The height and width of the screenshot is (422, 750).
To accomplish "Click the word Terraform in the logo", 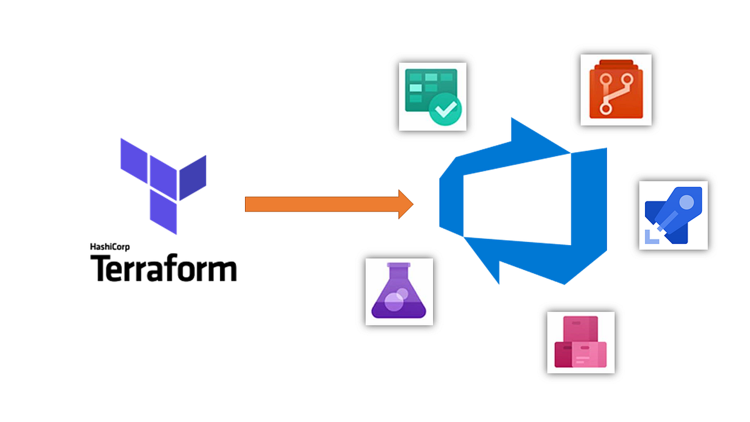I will point(164,269).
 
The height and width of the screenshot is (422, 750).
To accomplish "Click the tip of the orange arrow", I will point(411,204).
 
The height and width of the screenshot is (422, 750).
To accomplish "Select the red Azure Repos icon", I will point(616,90).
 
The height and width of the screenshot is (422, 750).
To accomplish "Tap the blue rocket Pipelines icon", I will point(673,216).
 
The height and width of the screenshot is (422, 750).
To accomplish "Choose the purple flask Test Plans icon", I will point(399,291).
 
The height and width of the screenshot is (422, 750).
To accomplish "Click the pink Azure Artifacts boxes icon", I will point(581,342).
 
